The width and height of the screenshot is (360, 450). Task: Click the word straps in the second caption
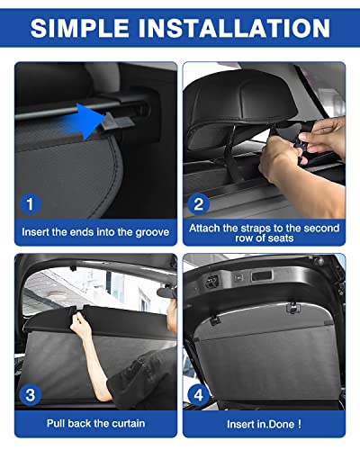pyautogui.click(x=248, y=228)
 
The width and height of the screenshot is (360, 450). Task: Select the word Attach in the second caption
pyautogui.click(x=206, y=228)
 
